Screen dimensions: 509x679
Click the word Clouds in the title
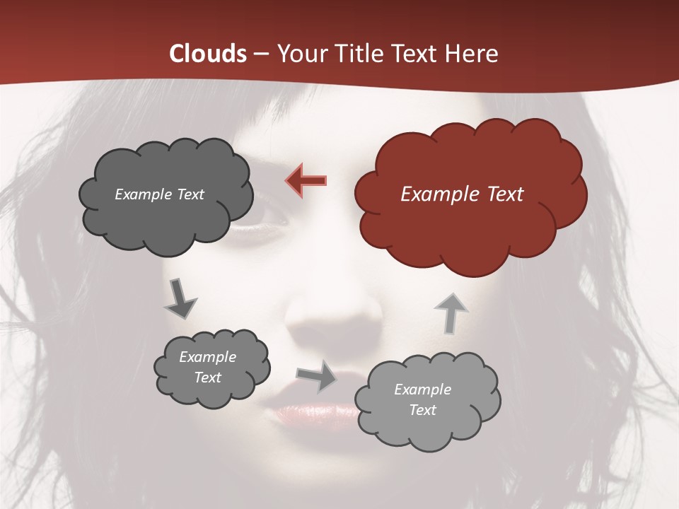coord(207,54)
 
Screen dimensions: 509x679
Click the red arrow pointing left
coord(306,180)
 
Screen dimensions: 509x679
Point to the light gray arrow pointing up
coord(450,312)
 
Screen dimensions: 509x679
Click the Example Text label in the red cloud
coord(462,194)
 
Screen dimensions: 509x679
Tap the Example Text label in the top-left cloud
coord(159,194)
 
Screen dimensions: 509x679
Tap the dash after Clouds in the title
coord(260,54)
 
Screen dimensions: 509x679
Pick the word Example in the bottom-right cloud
coord(422,390)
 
